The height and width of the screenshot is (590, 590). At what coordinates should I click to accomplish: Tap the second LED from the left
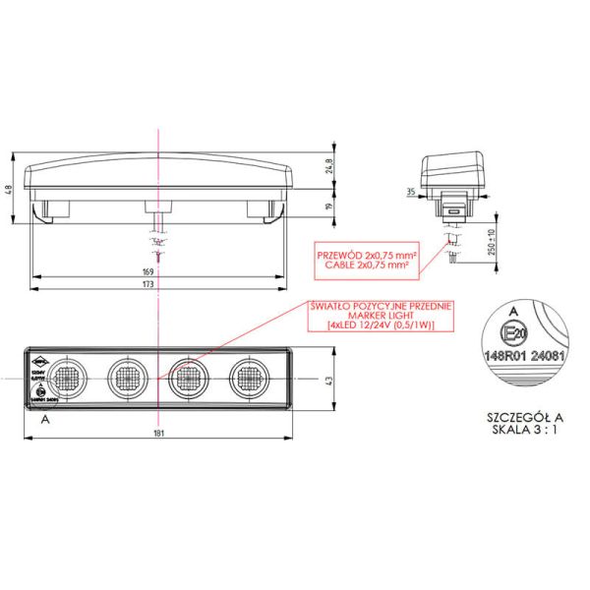tap(126, 376)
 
